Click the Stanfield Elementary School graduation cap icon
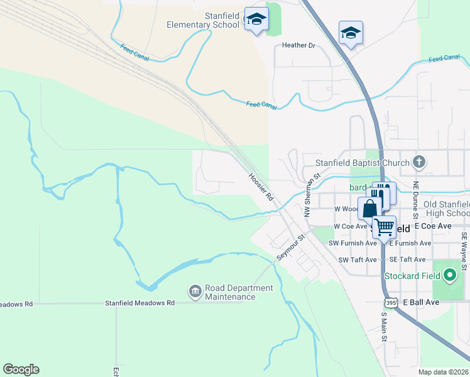pyautogui.click(x=256, y=19)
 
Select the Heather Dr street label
pyautogui.click(x=298, y=45)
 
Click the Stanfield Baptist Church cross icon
pyautogui.click(x=419, y=162)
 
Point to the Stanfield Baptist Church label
pyautogui.click(x=362, y=163)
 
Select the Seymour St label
pyautogui.click(x=291, y=247)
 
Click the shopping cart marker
pyautogui.click(x=385, y=227)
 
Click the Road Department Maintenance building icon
pyautogui.click(x=195, y=292)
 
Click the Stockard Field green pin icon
pyautogui.click(x=449, y=275)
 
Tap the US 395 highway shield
pyautogui.click(x=391, y=303)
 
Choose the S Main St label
pyautogui.click(x=384, y=328)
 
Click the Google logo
pyautogui.click(x=21, y=369)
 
